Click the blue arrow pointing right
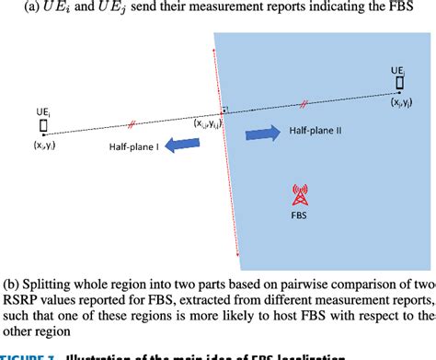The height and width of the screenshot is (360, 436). [x=262, y=134]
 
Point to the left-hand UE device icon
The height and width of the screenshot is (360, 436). [x=43, y=125]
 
